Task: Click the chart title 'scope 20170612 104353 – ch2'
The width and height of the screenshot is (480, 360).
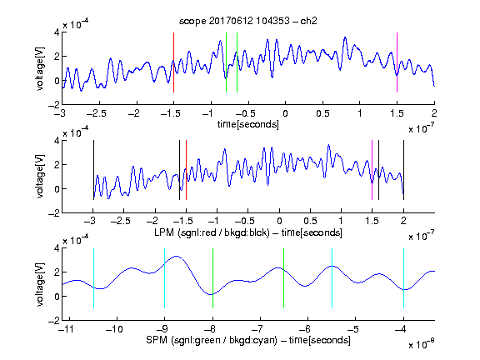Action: [x=248, y=21]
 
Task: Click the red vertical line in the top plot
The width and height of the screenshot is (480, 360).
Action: [x=173, y=62]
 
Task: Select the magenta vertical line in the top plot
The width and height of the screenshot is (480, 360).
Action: [x=397, y=62]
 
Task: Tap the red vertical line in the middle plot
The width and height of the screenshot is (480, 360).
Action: [x=186, y=170]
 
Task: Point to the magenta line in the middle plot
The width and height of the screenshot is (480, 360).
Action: [x=372, y=170]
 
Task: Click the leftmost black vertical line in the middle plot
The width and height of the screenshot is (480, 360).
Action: [x=93, y=170]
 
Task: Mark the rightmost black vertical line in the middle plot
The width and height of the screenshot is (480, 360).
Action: [x=403, y=170]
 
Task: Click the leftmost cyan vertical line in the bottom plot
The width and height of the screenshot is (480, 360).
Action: [x=93, y=278]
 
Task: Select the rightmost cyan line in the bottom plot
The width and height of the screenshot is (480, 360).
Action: [x=403, y=278]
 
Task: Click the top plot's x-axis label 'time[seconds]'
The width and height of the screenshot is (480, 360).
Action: [x=248, y=124]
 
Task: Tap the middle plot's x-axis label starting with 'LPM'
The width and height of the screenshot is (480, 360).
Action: [x=248, y=232]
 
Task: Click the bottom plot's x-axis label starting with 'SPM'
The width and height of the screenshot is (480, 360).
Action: [x=248, y=340]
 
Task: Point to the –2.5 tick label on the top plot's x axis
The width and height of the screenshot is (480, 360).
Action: [x=97, y=113]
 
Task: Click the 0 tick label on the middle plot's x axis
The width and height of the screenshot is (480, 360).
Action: [x=279, y=221]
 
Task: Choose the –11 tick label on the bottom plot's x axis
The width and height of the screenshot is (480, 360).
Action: [x=67, y=329]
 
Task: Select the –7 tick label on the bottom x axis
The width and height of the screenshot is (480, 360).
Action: [x=257, y=329]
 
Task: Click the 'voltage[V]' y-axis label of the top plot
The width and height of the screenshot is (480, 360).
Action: [x=40, y=68]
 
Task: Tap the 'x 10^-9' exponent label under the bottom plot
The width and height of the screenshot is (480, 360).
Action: [x=422, y=344]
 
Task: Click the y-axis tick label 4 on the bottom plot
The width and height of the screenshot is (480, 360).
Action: [x=57, y=248]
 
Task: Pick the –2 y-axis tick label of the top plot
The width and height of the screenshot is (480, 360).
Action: [x=54, y=105]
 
